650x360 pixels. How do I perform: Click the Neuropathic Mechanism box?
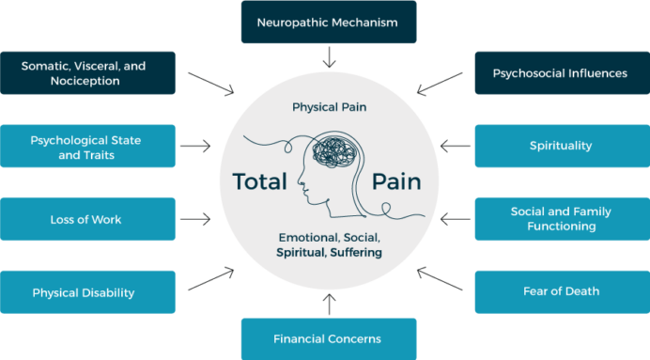point(327,21)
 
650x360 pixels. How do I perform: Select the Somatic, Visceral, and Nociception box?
point(87,72)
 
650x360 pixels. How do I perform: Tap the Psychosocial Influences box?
point(561,72)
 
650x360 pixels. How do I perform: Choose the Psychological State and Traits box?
point(87,147)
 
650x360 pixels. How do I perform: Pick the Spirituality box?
point(561,146)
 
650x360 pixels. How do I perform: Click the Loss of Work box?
point(87,219)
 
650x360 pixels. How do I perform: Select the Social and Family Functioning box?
point(561,219)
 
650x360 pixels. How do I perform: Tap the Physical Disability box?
point(87,292)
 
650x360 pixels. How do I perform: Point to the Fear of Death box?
point(561,291)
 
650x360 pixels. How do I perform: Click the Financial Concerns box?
point(327,338)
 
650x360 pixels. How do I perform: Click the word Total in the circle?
point(258,181)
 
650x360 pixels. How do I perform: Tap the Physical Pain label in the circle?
point(328,107)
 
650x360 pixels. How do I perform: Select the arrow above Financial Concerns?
point(327,304)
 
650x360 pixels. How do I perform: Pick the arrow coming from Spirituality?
point(456,146)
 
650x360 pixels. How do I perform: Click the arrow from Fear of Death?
point(435,278)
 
